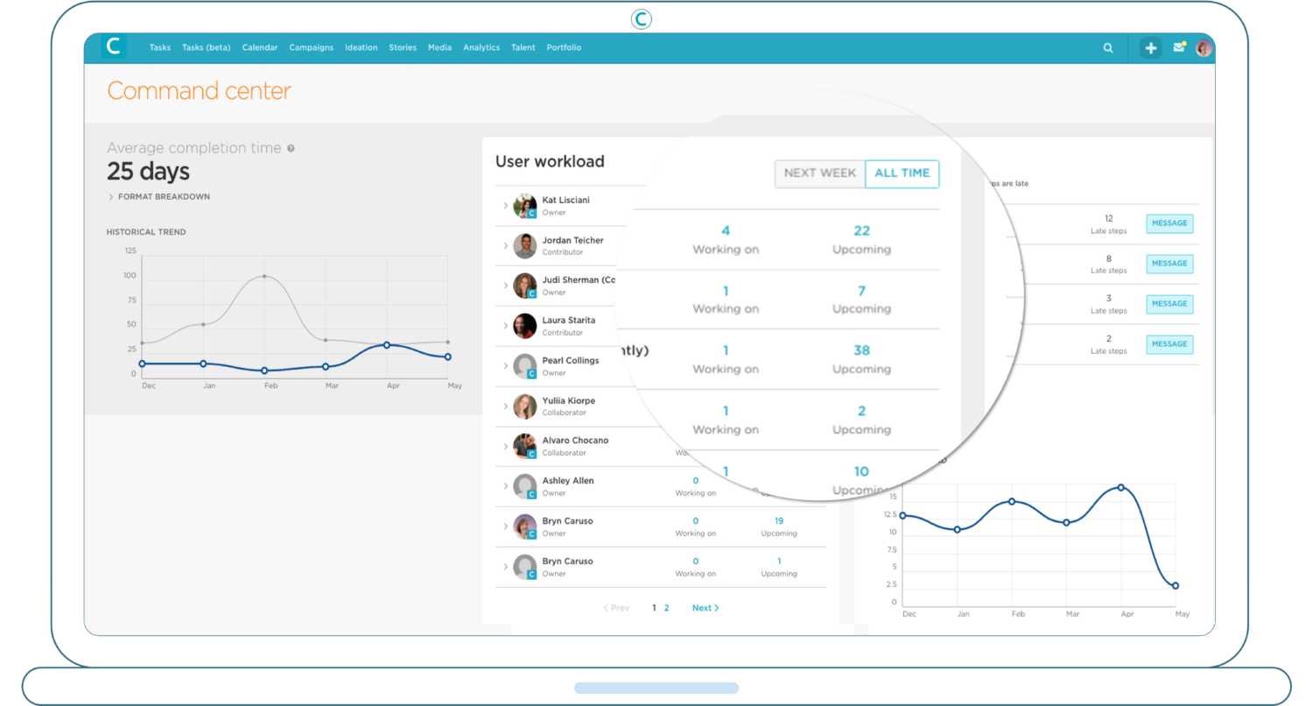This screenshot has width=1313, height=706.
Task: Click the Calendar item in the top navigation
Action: point(260,47)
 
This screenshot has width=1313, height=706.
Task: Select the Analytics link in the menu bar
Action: point(481,47)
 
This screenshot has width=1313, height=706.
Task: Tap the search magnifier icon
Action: point(1108,48)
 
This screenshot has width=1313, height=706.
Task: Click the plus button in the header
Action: point(1150,48)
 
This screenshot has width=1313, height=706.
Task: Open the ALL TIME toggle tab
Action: point(902,173)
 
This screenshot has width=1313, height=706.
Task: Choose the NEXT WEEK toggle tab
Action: point(820,173)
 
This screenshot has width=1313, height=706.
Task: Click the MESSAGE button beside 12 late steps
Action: point(1169,223)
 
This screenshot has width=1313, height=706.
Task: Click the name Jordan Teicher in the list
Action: point(572,240)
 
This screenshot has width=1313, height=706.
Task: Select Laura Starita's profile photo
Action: point(525,326)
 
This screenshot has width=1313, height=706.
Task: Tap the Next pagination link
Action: point(705,608)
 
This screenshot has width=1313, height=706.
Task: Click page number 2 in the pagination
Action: point(666,608)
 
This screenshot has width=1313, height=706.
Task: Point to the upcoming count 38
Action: point(861,350)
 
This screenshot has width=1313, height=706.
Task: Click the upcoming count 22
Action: point(862,230)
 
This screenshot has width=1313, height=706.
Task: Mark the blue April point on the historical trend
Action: point(387,345)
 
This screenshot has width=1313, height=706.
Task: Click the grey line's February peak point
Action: point(264,277)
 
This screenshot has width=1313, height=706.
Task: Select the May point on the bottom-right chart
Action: point(1176,586)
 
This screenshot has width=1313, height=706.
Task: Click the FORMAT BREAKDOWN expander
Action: point(163,197)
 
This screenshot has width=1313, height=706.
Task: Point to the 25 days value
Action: point(148,171)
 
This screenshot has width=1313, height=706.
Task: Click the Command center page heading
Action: point(199,91)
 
